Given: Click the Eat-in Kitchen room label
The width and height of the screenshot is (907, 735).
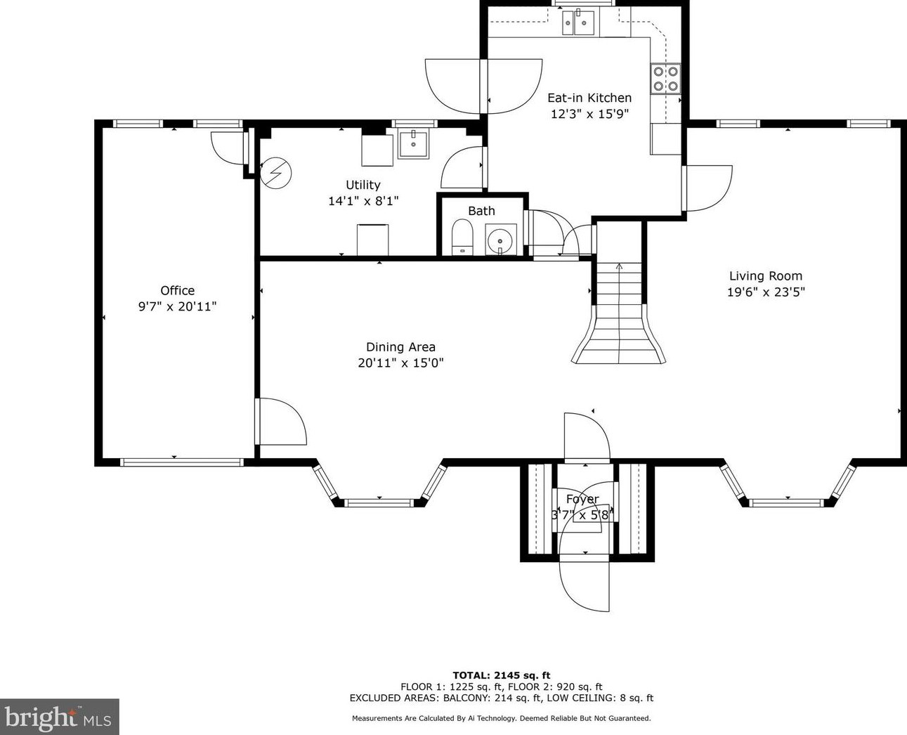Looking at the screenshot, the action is pos(589,98).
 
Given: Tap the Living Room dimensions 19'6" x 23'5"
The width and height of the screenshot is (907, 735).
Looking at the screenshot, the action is pos(766,292).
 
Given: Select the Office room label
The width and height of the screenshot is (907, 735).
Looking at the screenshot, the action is pos(178,290).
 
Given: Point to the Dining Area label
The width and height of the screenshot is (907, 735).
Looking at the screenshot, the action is pos(400,347).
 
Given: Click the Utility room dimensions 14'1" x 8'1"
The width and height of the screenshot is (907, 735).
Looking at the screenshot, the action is pos(363,201).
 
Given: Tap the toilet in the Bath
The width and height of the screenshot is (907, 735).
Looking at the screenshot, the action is pos(462,237).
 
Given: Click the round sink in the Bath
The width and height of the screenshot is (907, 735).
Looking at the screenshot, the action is pos(501,240).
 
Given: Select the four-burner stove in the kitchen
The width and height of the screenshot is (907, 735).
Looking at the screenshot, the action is pos(665,79).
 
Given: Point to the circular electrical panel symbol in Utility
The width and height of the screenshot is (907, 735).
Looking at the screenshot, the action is pos(276,173).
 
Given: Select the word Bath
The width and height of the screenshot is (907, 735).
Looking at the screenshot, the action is pos(482,211).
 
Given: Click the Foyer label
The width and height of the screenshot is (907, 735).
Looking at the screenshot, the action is pos(582,499).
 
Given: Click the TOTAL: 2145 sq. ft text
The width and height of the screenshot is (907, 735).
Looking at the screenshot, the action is pos(502,675).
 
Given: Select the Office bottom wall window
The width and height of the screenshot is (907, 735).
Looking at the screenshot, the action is pos(182,462).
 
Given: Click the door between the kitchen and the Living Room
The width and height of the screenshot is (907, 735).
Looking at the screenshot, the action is pos(707,188).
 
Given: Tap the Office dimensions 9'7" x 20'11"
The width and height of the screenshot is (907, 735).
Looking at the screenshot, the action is pos(178,306).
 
